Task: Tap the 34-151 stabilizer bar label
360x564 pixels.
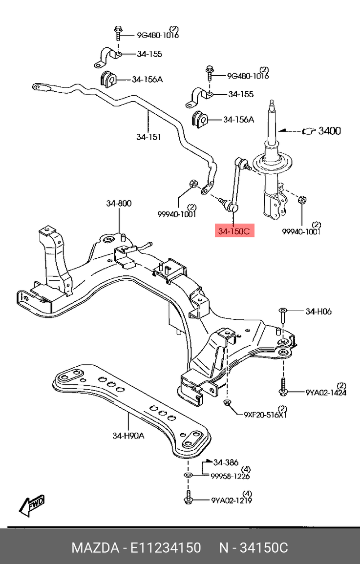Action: (148, 137)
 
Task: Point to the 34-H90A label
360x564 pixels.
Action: (128, 436)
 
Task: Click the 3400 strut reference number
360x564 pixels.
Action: (330, 131)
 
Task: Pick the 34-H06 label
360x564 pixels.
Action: (318, 311)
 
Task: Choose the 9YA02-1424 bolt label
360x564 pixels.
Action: (326, 392)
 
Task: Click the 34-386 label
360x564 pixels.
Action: (226, 461)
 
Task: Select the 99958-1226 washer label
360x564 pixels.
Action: (231, 476)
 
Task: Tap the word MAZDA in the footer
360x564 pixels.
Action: (92, 548)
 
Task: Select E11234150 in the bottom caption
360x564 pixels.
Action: (165, 548)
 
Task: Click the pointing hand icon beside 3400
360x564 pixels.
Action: (309, 131)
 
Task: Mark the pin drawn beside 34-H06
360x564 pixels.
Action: (283, 315)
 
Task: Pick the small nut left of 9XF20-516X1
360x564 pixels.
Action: (228, 403)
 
